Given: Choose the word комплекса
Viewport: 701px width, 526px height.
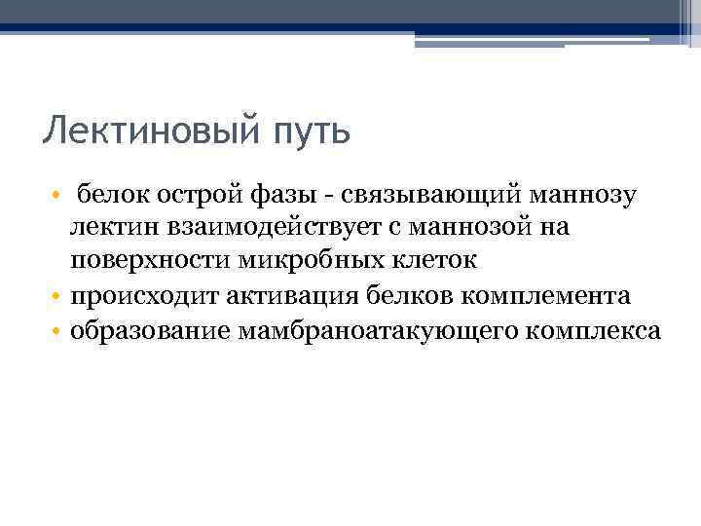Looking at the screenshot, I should click(593, 330).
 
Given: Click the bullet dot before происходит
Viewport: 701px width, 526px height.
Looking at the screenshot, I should click(58, 297).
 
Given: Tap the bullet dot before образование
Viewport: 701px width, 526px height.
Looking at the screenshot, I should click(58, 331).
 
